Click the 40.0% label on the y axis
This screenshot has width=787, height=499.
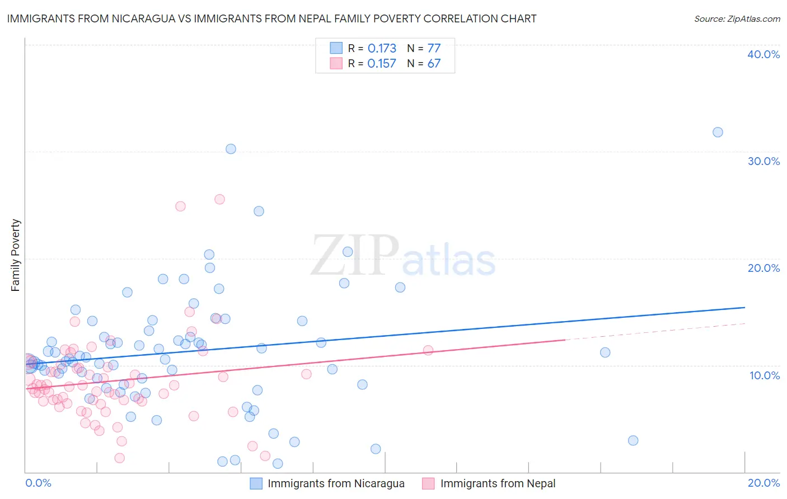(763, 54)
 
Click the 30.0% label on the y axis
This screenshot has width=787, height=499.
(763, 161)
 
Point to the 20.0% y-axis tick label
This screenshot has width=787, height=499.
(763, 268)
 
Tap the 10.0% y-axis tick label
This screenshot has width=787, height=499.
(763, 375)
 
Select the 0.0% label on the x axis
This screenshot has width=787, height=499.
(38, 483)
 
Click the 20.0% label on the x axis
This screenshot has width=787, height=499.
(763, 483)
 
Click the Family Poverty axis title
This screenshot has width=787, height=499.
(16, 255)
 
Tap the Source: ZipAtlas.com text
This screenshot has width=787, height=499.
(737, 19)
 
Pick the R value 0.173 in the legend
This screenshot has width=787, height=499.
(382, 49)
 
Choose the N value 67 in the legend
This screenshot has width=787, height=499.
(434, 64)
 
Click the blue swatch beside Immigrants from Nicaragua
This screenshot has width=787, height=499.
(256, 483)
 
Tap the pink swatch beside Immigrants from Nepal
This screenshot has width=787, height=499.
(428, 483)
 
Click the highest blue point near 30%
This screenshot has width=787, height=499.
(231, 149)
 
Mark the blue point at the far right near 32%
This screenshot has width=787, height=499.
(718, 133)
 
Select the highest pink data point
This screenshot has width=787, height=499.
(219, 199)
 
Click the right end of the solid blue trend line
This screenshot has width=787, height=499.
(744, 308)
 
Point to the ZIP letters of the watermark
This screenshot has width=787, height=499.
(355, 256)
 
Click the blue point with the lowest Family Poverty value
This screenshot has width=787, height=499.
(278, 464)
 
